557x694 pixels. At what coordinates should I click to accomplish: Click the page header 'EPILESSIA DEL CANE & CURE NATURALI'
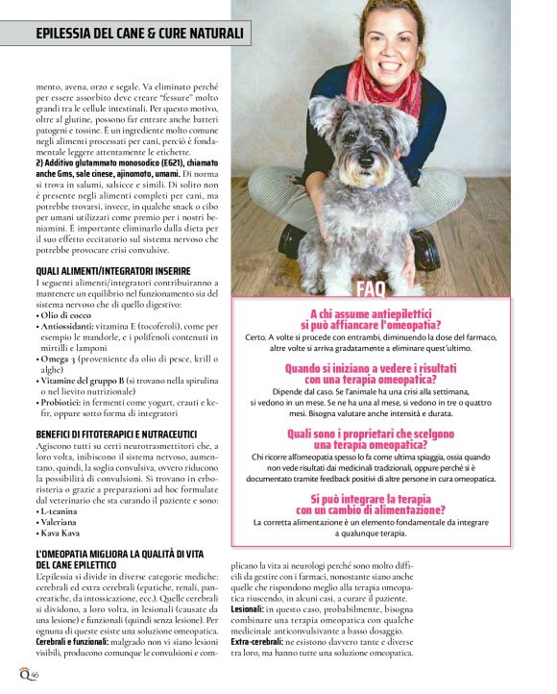tap(140, 35)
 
